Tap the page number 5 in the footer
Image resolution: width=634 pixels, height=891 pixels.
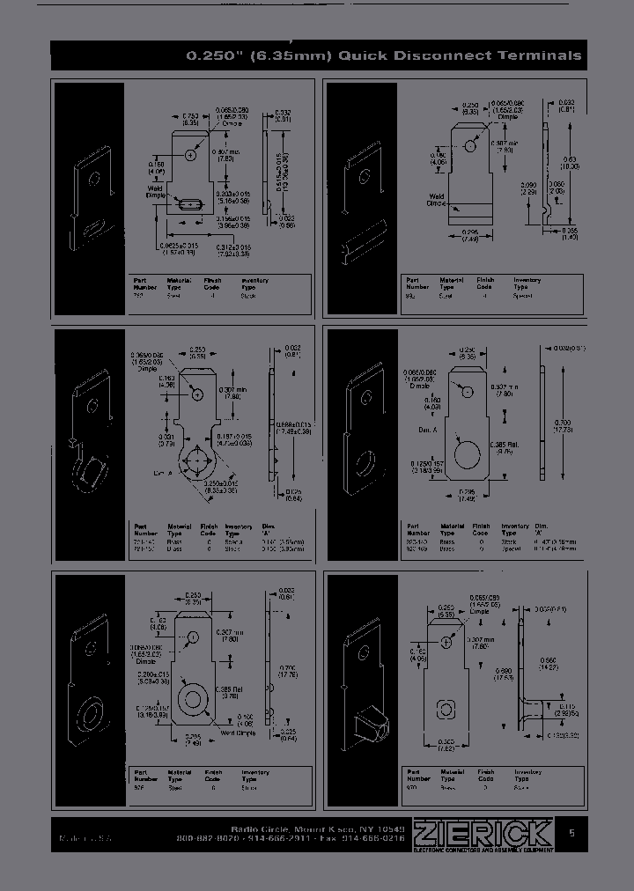point(572,833)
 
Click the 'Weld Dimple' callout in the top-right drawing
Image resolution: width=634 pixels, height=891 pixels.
point(438,200)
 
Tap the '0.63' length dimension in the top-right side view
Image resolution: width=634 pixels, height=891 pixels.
point(570,161)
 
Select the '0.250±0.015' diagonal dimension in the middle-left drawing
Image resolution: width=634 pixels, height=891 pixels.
point(222,486)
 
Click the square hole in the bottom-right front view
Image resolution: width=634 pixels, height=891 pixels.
point(447,707)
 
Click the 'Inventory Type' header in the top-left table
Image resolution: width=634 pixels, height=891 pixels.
point(255,283)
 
